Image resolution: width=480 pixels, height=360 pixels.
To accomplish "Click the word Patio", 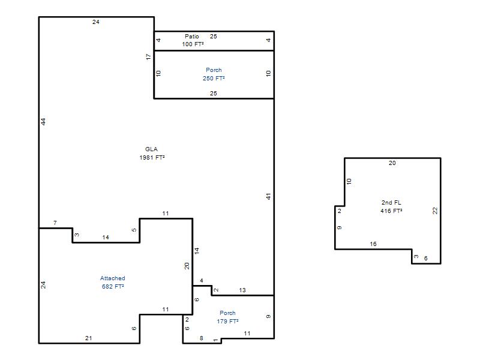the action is click(191, 37).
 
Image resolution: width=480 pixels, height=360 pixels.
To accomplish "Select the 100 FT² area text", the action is click(193, 44).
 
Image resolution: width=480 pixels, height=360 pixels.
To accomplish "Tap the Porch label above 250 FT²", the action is click(214, 70).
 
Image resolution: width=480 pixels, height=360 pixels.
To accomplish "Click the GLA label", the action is click(151, 149).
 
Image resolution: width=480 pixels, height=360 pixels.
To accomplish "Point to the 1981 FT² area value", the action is click(152, 157).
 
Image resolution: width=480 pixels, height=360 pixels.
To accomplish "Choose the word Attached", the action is click(113, 278).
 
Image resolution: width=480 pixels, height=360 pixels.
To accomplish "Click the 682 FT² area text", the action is click(113, 287).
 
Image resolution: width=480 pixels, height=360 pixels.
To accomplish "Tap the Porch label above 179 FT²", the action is click(227, 313).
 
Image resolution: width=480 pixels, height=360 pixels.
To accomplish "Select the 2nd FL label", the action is click(391, 202).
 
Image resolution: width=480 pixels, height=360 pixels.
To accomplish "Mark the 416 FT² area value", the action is click(391, 211).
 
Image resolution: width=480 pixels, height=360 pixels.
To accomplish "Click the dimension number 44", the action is click(43, 122).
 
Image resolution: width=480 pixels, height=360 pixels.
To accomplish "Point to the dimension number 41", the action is click(268, 196).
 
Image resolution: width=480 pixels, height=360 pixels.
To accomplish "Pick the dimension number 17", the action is click(148, 57).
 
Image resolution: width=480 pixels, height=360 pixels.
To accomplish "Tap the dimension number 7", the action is click(55, 223).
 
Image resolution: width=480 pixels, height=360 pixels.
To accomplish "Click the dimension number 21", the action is click(88, 338).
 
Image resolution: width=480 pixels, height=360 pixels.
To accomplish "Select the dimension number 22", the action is click(435, 211).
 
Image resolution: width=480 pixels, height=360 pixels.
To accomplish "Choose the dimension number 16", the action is click(373, 244).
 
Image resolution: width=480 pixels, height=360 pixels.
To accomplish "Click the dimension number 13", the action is click(242, 290).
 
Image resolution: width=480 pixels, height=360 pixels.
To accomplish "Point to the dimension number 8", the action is click(202, 338).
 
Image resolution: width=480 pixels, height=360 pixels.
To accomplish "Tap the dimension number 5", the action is click(134, 230).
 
